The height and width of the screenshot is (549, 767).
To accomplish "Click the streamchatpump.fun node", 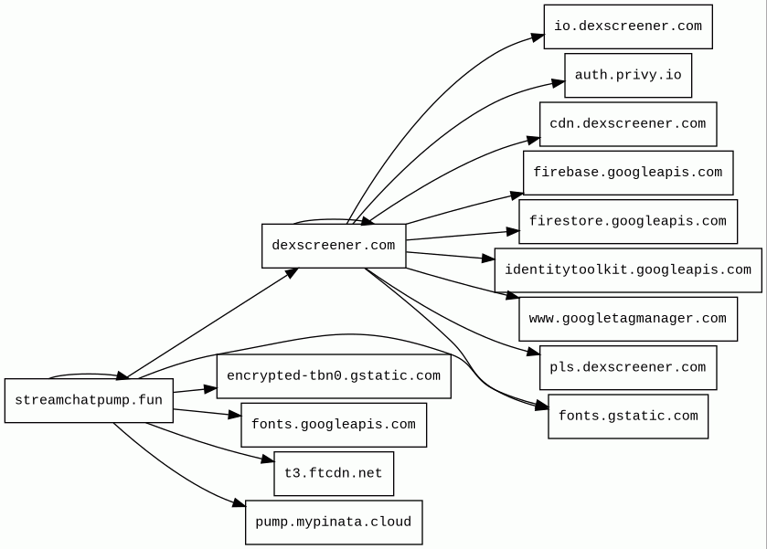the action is (89, 400).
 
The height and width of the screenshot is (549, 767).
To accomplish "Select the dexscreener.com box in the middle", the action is (334, 246).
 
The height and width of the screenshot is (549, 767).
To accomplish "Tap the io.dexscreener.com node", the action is (628, 26).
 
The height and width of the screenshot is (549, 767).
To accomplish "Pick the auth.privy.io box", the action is (628, 75).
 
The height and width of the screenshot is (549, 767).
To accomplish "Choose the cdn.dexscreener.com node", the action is (628, 124).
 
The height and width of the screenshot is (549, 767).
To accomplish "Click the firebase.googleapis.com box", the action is (628, 173).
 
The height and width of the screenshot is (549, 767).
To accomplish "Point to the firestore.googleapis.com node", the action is (628, 221).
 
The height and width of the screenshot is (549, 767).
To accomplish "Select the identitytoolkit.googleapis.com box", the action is (628, 270).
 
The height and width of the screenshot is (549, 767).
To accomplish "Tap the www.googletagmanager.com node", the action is (628, 319).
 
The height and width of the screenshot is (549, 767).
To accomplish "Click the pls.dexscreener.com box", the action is (628, 367).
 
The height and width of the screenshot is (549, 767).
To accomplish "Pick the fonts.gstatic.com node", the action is (628, 417).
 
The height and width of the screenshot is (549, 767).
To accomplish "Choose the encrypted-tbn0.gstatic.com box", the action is (334, 376).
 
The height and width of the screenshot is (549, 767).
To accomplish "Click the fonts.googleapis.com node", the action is (334, 425).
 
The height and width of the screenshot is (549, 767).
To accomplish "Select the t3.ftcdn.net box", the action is (334, 474).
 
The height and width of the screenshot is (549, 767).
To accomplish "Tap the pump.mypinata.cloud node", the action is (334, 523).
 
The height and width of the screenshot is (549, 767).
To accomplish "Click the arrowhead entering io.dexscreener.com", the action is (538, 37).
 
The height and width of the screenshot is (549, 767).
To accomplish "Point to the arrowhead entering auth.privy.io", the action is (559, 83).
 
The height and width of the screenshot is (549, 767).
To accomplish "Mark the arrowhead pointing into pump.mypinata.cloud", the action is (240, 503).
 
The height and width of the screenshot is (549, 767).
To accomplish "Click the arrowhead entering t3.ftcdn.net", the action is (268, 459).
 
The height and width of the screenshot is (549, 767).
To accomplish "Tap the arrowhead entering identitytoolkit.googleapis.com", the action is (489, 259).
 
